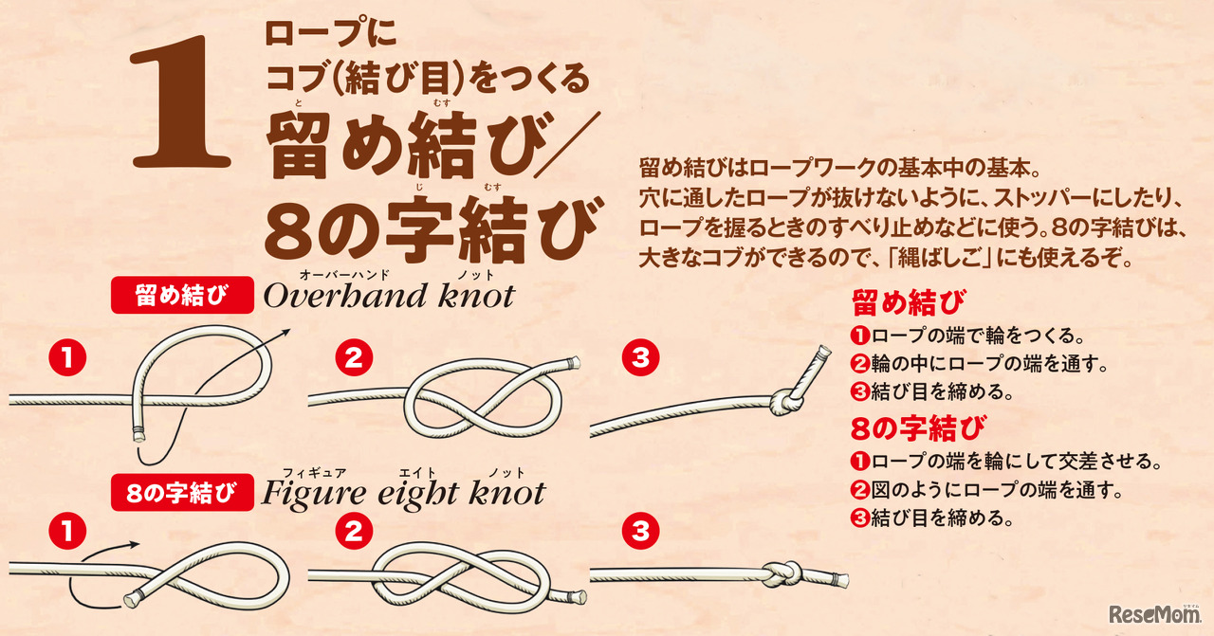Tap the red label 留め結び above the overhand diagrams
pyautogui.click(x=182, y=295)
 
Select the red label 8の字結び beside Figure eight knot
pyautogui.click(x=182, y=493)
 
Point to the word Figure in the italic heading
pyautogui.click(x=313, y=494)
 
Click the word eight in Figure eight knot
pyautogui.click(x=418, y=495)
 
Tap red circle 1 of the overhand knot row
pyautogui.click(x=67, y=358)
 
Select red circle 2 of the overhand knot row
pyautogui.click(x=353, y=358)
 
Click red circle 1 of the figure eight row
pyautogui.click(x=67, y=532)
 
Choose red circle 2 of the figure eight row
pyautogui.click(x=353, y=532)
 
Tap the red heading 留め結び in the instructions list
pyautogui.click(x=909, y=303)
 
